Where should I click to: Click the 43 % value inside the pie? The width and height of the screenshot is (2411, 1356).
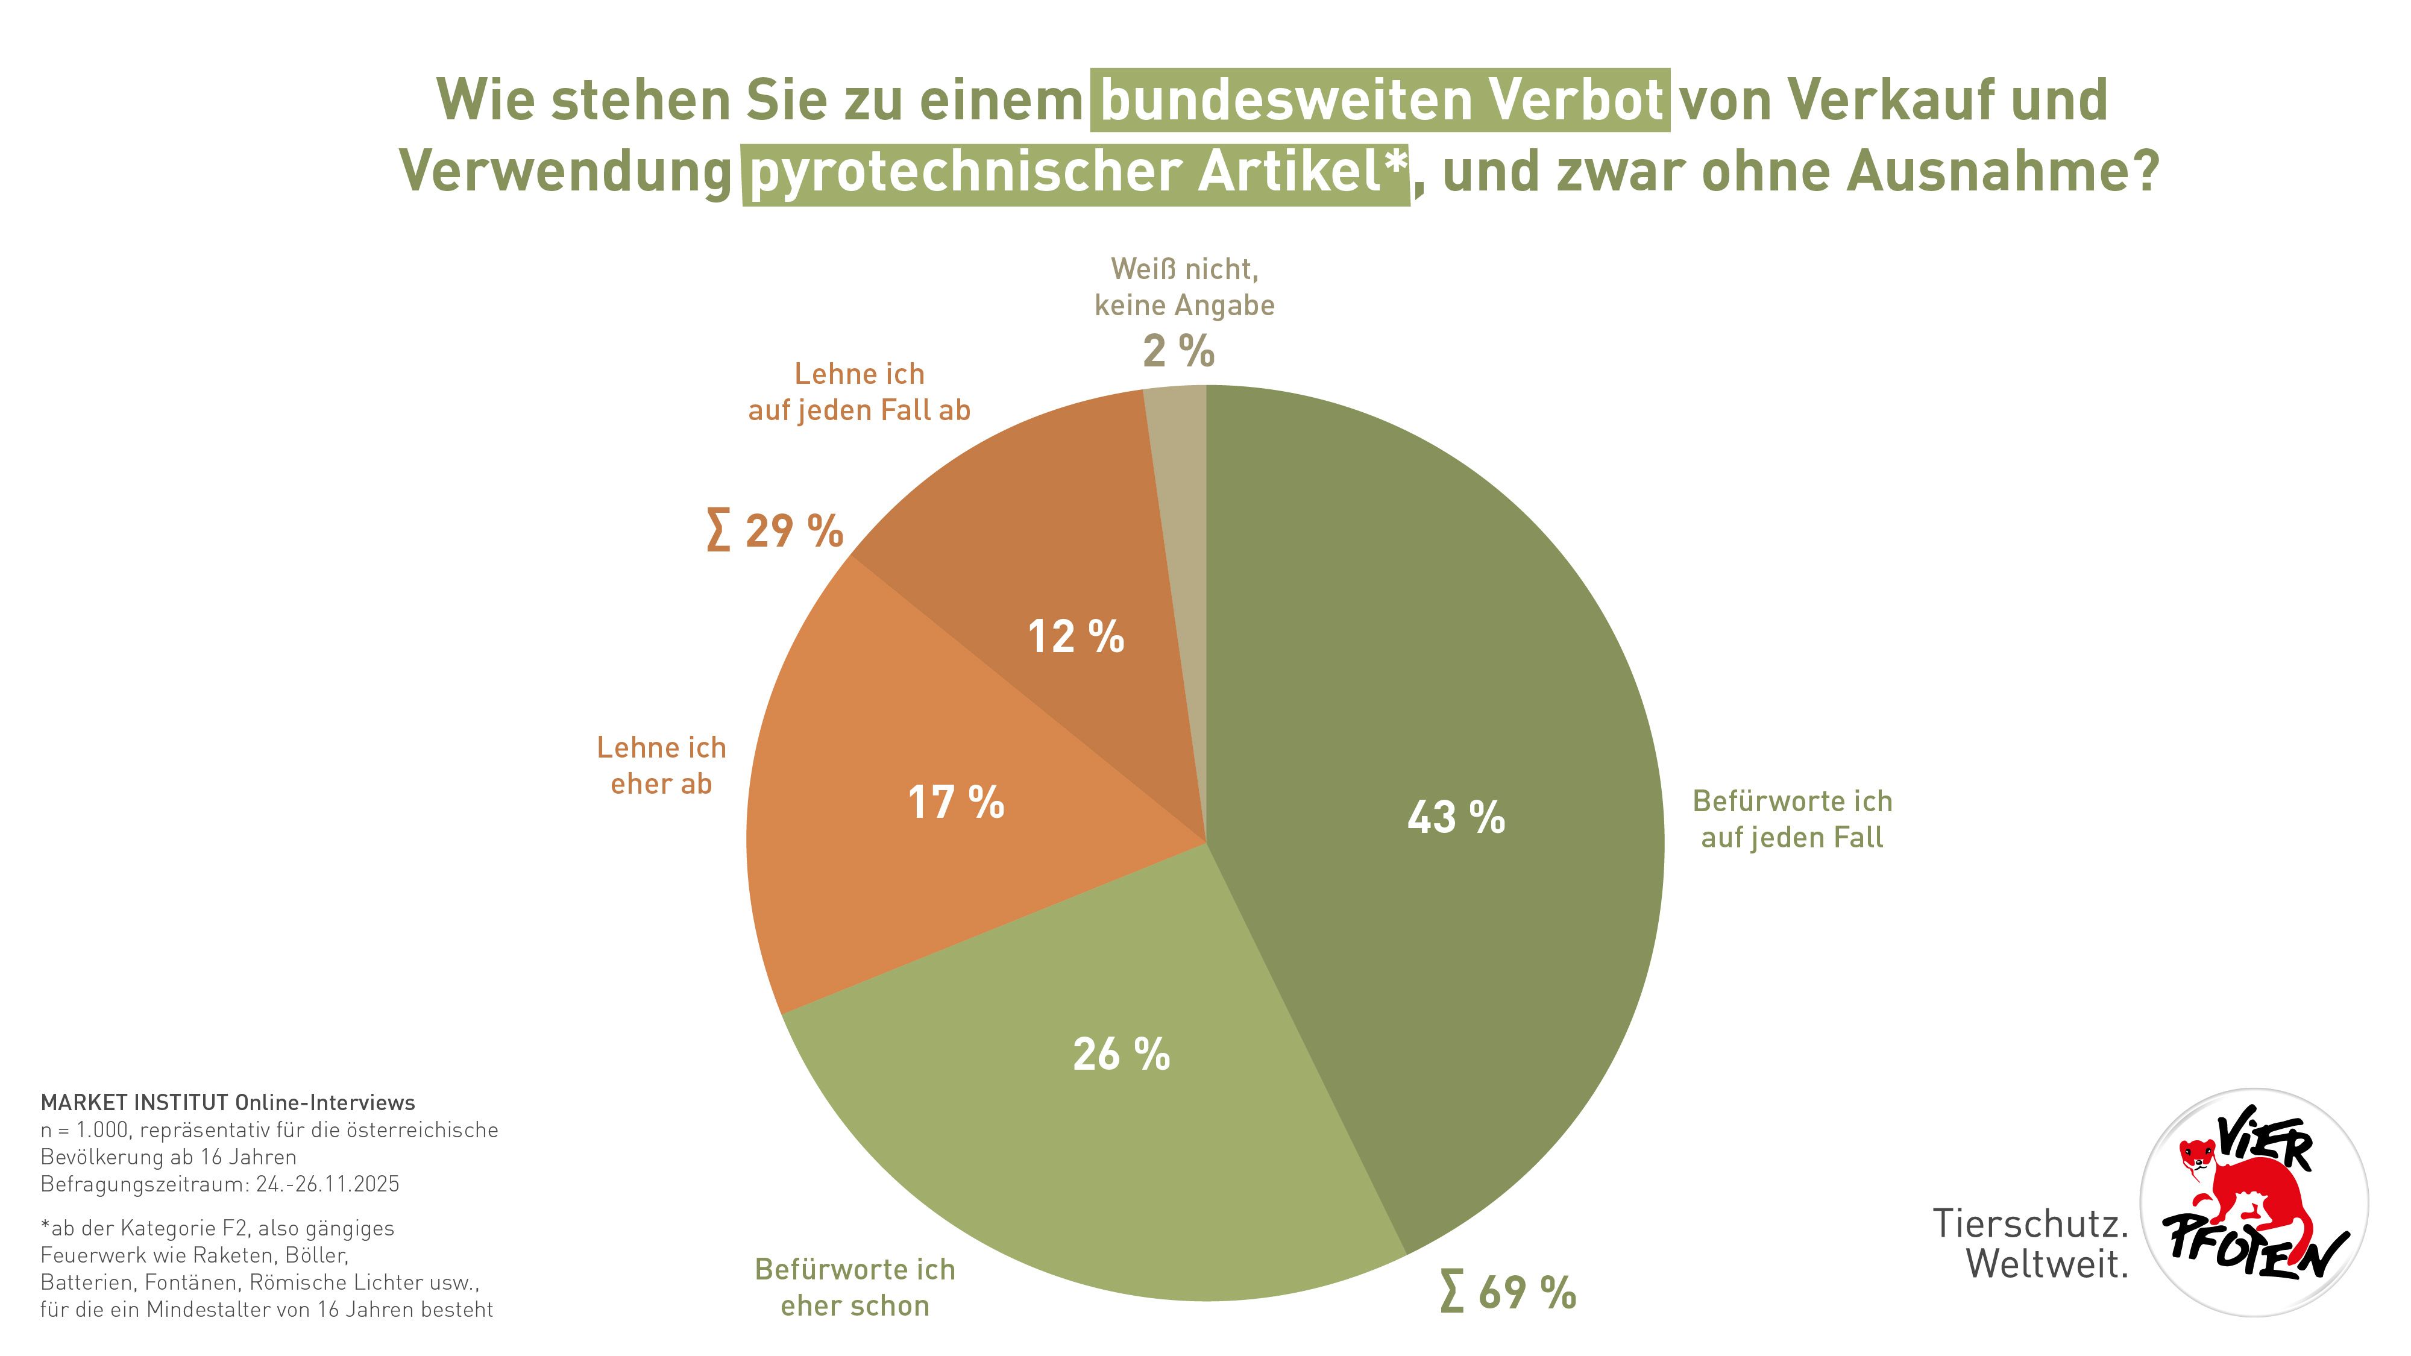click(1456, 817)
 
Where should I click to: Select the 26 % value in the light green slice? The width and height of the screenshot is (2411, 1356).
click(1121, 1055)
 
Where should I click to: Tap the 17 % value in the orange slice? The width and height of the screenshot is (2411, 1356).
click(955, 803)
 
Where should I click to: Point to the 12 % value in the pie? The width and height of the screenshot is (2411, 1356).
click(1075, 637)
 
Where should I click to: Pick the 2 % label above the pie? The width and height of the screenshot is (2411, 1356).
click(1178, 352)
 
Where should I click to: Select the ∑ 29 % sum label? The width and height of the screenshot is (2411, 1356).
click(775, 530)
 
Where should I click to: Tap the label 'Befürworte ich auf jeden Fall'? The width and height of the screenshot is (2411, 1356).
click(1791, 819)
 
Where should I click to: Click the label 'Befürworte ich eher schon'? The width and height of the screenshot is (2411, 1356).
click(855, 1288)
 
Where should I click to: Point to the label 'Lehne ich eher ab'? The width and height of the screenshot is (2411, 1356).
click(662, 765)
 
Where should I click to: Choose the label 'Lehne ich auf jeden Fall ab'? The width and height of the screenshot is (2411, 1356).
click(859, 392)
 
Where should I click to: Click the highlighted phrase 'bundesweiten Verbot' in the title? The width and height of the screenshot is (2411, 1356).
click(1380, 100)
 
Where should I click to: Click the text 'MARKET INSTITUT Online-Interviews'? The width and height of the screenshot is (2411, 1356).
click(227, 1102)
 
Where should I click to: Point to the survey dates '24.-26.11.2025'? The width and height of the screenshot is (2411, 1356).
click(327, 1184)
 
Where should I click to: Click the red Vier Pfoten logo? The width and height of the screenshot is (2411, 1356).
click(2255, 1202)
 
